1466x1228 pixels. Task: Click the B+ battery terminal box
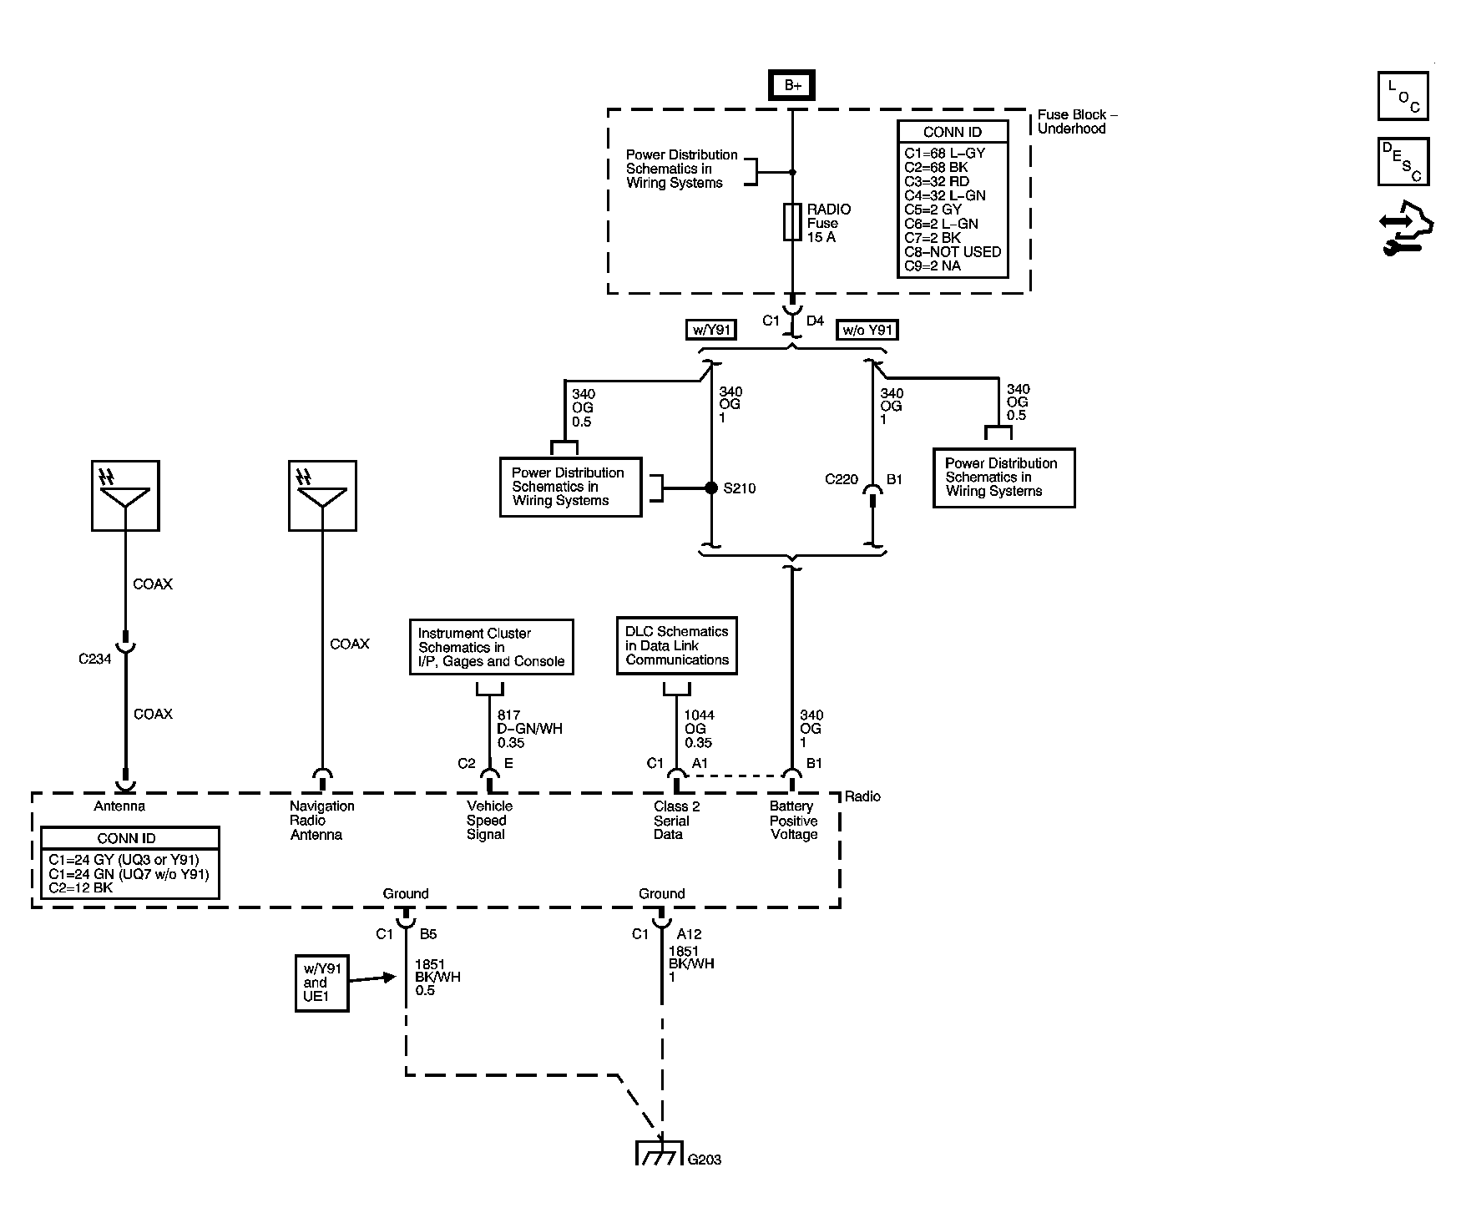tap(791, 85)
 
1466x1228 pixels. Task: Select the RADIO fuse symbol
tap(792, 223)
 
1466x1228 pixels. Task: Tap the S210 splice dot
tap(711, 488)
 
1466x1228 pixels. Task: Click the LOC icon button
tap(1403, 96)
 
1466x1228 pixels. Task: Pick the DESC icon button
tap(1403, 162)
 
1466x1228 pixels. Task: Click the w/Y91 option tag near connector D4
tap(710, 330)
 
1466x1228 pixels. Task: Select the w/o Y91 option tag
tap(867, 330)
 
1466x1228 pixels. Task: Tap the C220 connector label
tap(842, 479)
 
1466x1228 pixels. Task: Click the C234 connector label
tap(94, 659)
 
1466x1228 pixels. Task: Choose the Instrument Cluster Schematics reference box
tap(492, 647)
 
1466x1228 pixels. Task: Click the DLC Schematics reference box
tap(677, 645)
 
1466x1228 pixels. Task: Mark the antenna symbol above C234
tap(125, 496)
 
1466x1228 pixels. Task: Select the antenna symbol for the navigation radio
tap(322, 496)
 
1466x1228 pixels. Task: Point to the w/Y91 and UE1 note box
tap(321, 983)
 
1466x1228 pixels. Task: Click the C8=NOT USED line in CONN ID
tap(953, 251)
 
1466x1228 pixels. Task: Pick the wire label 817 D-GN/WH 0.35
tap(529, 729)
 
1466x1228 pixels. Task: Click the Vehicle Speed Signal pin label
tap(489, 820)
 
